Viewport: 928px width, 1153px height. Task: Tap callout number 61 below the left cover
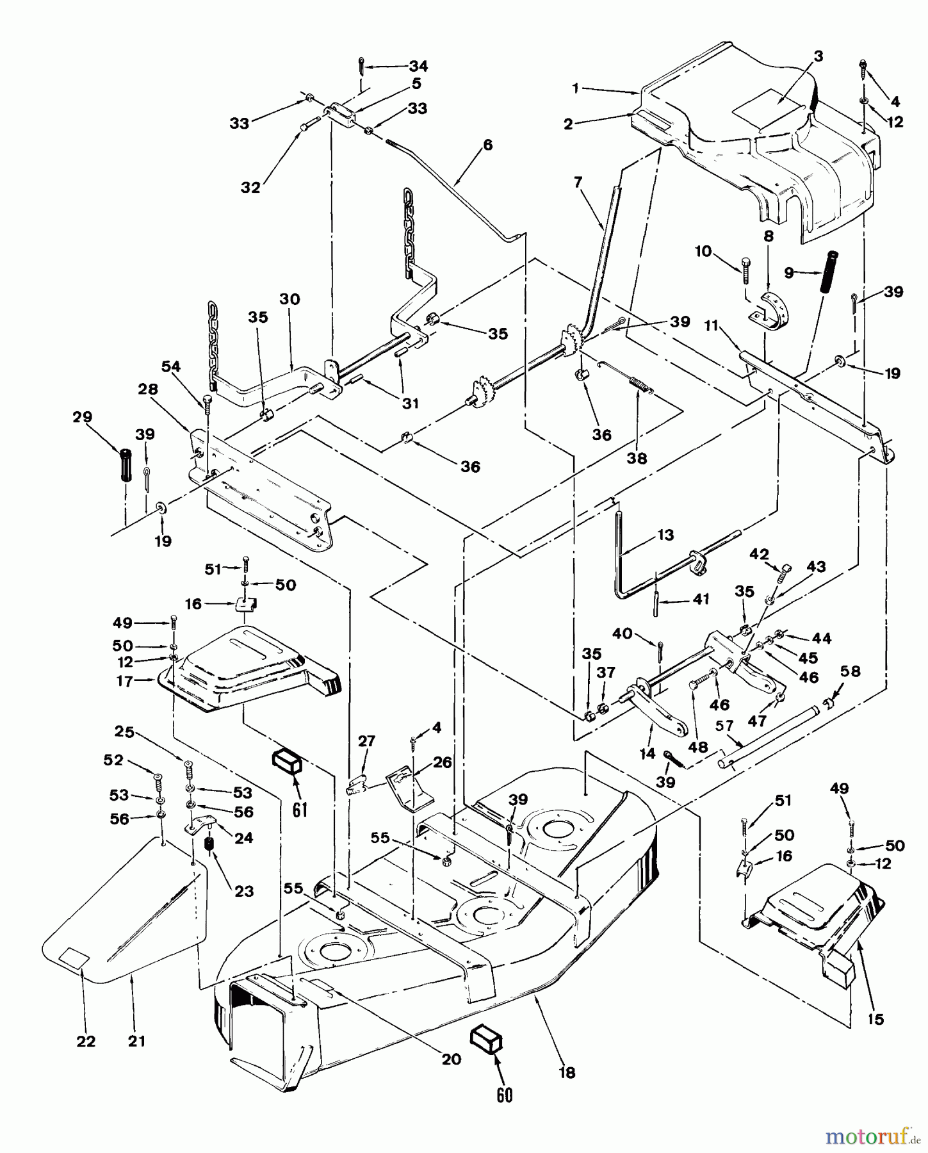[x=300, y=809]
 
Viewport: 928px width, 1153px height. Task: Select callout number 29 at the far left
[x=83, y=417]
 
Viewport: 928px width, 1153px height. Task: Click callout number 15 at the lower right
[x=875, y=1019]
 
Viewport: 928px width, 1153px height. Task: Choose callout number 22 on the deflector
[x=86, y=1041]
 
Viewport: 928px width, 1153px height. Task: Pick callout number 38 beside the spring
[x=637, y=458]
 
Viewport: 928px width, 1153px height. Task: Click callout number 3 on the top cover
[x=818, y=56]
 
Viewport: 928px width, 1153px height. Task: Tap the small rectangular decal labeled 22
[x=74, y=958]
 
